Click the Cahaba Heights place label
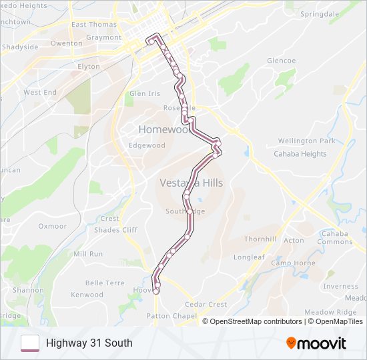click(x=300, y=153)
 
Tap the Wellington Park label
click(x=306, y=141)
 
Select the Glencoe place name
click(x=281, y=61)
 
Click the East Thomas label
click(x=94, y=25)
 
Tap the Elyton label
click(x=89, y=67)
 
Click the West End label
click(x=40, y=93)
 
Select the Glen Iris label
click(x=145, y=94)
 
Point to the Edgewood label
click(x=147, y=145)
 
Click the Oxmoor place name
click(x=53, y=226)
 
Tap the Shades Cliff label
click(x=116, y=230)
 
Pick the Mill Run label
click(x=88, y=254)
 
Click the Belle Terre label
click(x=105, y=283)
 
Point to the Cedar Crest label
click(x=206, y=305)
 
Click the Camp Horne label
click(x=293, y=263)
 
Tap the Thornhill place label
click(x=260, y=239)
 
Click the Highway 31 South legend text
click(x=89, y=343)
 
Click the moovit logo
click(x=316, y=343)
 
